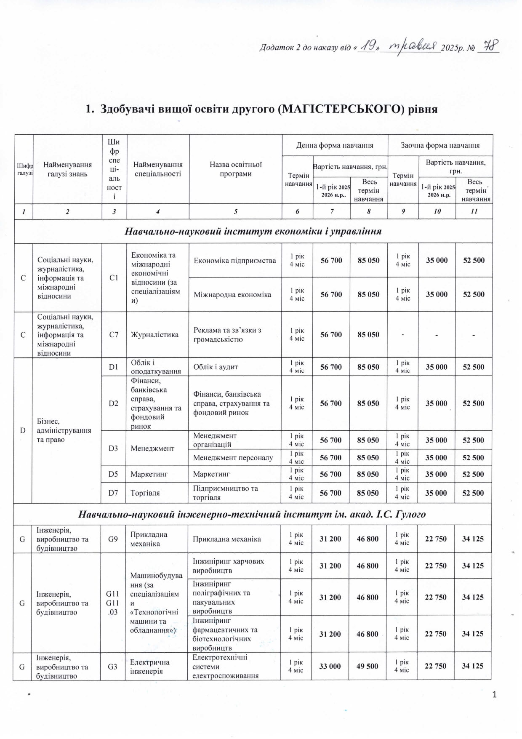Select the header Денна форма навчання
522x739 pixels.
pos(335,145)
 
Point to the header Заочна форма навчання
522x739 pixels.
pos(440,145)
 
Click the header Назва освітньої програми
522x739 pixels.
pos(236,169)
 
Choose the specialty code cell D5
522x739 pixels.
pos(113,474)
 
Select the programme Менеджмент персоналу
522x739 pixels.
pos(233,458)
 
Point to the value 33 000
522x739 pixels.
pos(330,666)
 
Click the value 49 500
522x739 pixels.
pos(367,666)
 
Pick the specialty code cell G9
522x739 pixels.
pos(113,539)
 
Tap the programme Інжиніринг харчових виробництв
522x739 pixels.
pos(228,566)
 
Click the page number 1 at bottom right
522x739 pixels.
pos(495,695)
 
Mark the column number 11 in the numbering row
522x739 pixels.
pos(474,212)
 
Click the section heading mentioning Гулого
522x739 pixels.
pos(252,514)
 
